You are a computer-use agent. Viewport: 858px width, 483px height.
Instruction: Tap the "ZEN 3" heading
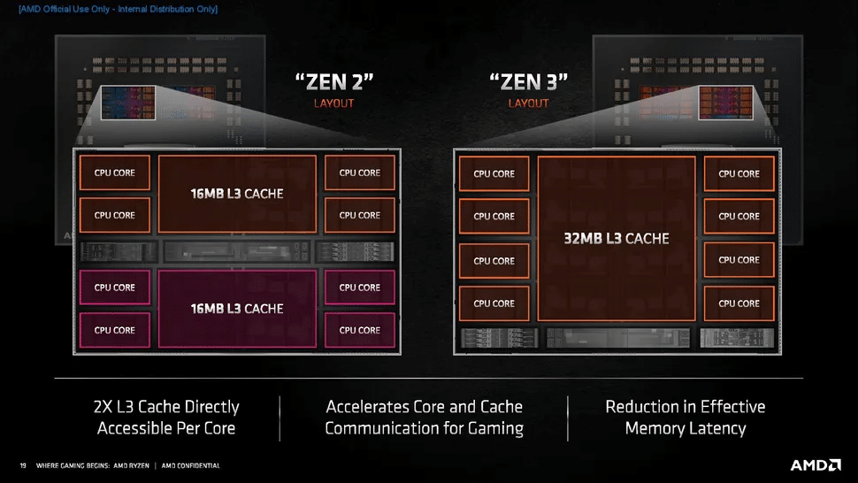tap(528, 82)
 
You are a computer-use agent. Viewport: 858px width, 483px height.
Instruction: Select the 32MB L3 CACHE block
tap(616, 238)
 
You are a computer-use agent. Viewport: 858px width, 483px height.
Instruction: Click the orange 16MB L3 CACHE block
tap(237, 193)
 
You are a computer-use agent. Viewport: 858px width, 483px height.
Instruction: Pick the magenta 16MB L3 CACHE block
tap(237, 308)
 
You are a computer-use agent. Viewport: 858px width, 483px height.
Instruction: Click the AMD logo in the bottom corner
tap(815, 464)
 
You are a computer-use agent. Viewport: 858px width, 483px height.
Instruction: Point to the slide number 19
tap(23, 465)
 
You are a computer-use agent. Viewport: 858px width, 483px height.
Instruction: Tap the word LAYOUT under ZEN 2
tap(333, 103)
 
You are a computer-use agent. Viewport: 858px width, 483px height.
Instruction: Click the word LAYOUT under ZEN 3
tap(528, 103)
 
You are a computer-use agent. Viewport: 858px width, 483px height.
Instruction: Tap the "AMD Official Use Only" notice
tap(118, 9)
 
